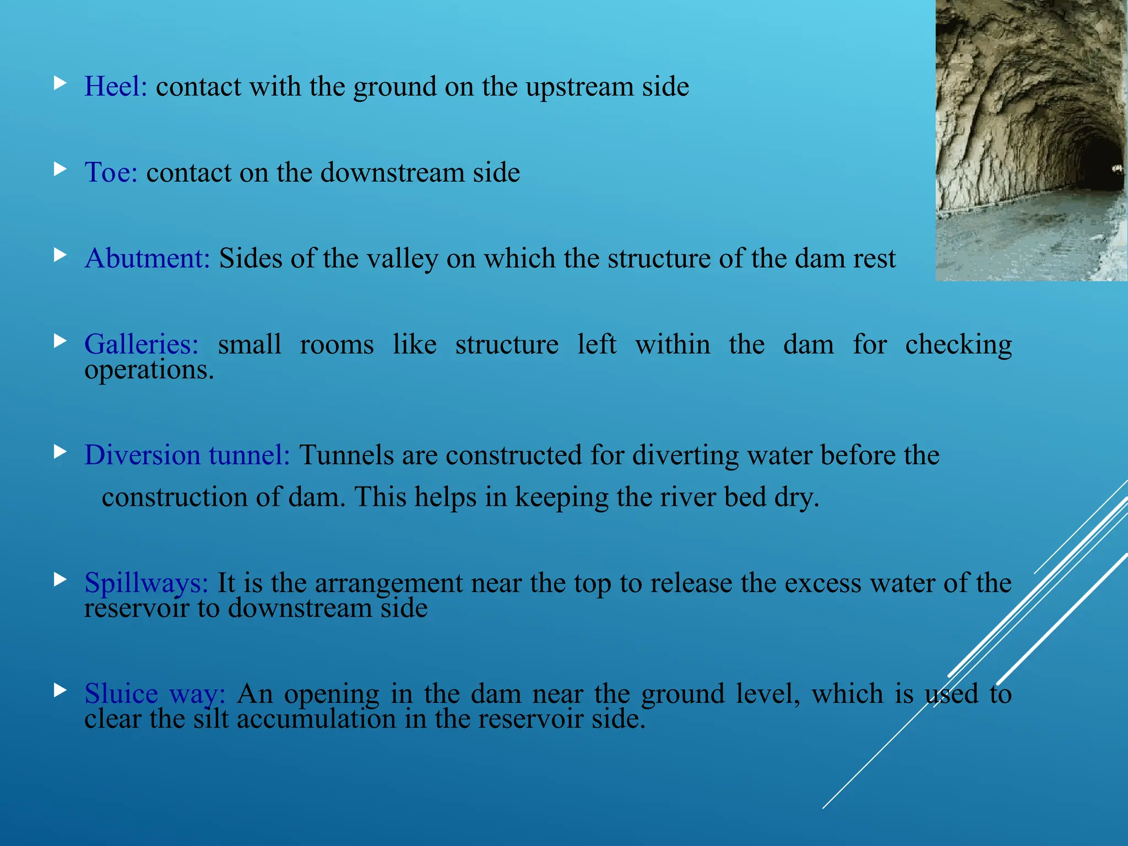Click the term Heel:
pyautogui.click(x=116, y=86)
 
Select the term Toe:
pyautogui.click(x=111, y=172)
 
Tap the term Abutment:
pyautogui.click(x=147, y=258)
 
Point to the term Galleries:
pyautogui.click(x=142, y=345)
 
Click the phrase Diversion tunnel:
pyautogui.click(x=187, y=455)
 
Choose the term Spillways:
pyautogui.click(x=146, y=583)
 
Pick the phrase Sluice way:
pyautogui.click(x=155, y=693)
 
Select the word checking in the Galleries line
pyautogui.click(x=958, y=345)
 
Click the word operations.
pyautogui.click(x=149, y=370)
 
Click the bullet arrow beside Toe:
pyautogui.click(x=61, y=169)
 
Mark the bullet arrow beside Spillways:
pyautogui.click(x=61, y=579)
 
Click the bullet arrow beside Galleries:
pyautogui.click(x=61, y=341)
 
